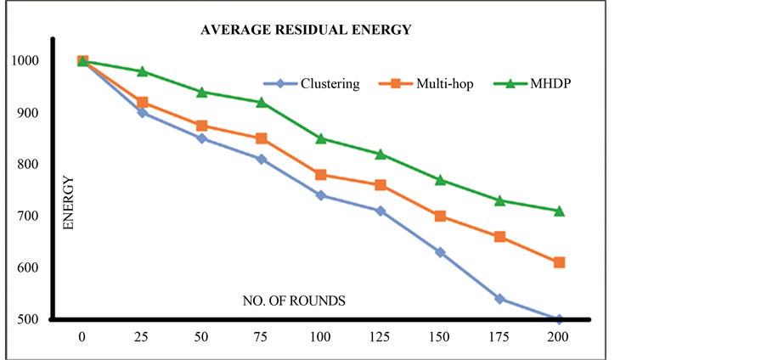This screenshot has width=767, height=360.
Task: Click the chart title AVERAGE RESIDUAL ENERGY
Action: pyautogui.click(x=305, y=30)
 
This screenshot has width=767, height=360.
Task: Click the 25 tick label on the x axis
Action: pyautogui.click(x=142, y=337)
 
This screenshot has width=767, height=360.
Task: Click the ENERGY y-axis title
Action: pyautogui.click(x=68, y=204)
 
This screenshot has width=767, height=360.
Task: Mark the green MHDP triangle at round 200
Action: pyautogui.click(x=559, y=211)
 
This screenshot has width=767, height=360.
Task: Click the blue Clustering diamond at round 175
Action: pyautogui.click(x=499, y=299)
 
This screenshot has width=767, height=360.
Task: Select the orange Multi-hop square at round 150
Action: pyautogui.click(x=440, y=216)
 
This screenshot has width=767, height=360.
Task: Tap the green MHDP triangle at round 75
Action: pyautogui.click(x=262, y=103)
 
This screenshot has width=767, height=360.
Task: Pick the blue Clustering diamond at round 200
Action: pyautogui.click(x=559, y=319)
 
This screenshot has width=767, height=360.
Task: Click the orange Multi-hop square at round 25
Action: pyautogui.click(x=142, y=103)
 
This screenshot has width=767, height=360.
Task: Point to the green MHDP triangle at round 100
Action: pyautogui.click(x=321, y=138)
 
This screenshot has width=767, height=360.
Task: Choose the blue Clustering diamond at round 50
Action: pyautogui.click(x=202, y=138)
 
